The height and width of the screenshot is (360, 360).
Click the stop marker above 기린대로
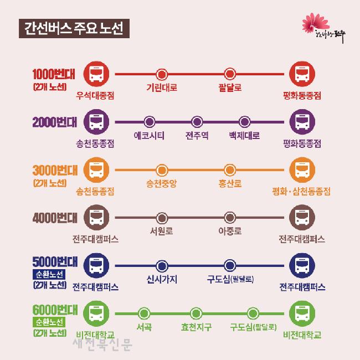click(x=162, y=74)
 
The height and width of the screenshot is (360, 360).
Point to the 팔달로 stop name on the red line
click(x=230, y=88)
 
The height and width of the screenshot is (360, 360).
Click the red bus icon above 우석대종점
click(x=96, y=74)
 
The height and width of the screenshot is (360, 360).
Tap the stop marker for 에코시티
click(x=149, y=122)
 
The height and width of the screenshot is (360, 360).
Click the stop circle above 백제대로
click(x=245, y=122)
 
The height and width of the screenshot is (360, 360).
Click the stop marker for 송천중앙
click(x=162, y=169)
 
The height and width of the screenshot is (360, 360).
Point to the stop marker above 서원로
click(x=162, y=217)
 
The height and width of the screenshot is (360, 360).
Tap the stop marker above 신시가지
click(x=162, y=265)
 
